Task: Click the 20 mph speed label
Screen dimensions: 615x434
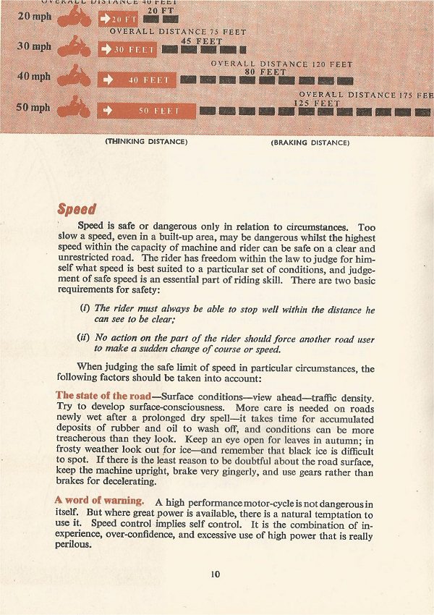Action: pyautogui.click(x=34, y=17)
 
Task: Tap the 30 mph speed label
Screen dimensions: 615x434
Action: pyautogui.click(x=34, y=47)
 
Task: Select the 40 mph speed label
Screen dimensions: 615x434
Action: pyautogui.click(x=34, y=77)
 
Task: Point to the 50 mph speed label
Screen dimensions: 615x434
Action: pyautogui.click(x=34, y=108)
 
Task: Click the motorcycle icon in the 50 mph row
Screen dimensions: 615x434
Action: pyautogui.click(x=75, y=109)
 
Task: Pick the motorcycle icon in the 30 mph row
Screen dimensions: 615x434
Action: pyautogui.click(x=75, y=48)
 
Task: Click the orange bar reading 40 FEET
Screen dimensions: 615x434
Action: pyautogui.click(x=136, y=80)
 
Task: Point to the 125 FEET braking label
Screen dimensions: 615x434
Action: pyautogui.click(x=316, y=103)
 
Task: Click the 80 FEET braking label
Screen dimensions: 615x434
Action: pyautogui.click(x=260, y=72)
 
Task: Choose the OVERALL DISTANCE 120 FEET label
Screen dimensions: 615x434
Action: pyautogui.click(x=281, y=64)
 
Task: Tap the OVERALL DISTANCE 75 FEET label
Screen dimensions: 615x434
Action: pyautogui.click(x=177, y=33)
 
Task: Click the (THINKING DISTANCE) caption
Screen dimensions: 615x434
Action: pyautogui.click(x=147, y=142)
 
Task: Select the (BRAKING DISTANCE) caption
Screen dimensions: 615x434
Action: pyautogui.click(x=310, y=143)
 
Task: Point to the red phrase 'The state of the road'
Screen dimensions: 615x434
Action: pyautogui.click(x=103, y=396)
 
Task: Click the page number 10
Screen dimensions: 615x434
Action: pyautogui.click(x=216, y=574)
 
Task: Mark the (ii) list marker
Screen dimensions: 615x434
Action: pyautogui.click(x=84, y=336)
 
